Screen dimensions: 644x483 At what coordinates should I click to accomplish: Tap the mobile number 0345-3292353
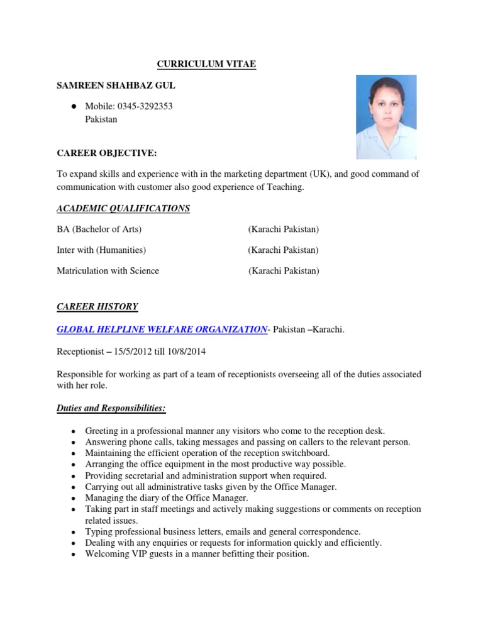coord(144,106)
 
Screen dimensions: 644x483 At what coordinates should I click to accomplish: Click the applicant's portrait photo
coord(386,117)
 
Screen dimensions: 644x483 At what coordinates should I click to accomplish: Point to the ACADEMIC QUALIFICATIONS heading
coord(123,208)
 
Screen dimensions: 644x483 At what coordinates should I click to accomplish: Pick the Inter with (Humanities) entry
coord(101,250)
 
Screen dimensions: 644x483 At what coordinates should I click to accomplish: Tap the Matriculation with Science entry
coord(108,271)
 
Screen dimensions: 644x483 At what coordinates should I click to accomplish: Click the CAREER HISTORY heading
coord(97,307)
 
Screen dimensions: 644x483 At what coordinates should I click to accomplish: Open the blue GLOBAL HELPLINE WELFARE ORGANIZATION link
coord(162,329)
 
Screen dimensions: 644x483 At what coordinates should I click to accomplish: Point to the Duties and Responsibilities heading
coord(111,409)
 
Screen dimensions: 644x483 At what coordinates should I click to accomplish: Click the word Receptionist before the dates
coord(81,351)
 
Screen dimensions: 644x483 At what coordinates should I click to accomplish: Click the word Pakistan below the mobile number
coord(101,119)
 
